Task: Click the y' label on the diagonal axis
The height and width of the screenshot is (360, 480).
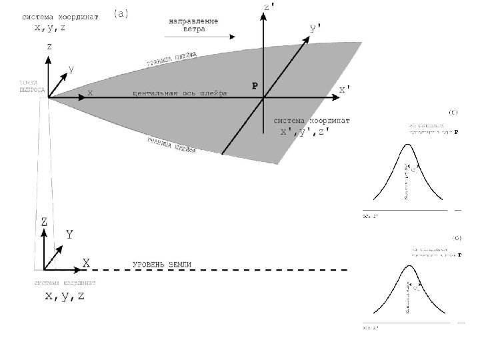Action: click(318, 29)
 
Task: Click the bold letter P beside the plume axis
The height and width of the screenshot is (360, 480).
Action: click(254, 87)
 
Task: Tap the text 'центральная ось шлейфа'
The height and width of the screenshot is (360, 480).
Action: click(180, 93)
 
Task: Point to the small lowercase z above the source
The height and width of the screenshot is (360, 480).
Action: click(49, 47)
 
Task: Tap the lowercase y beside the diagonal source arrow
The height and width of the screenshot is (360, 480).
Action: click(71, 68)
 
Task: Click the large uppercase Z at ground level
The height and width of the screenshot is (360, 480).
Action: click(44, 221)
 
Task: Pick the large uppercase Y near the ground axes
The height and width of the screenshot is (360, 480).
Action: click(69, 235)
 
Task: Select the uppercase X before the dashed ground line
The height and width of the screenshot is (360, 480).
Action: click(86, 263)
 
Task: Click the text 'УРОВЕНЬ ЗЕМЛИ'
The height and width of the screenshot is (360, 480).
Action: click(163, 265)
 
